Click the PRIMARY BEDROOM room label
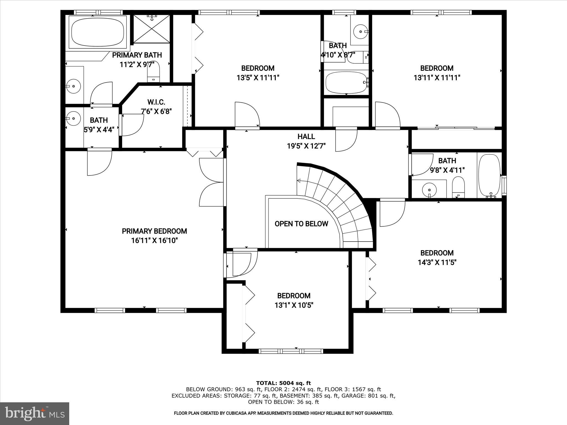click(x=154, y=231)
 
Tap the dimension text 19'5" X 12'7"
click(x=306, y=146)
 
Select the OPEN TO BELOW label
click(x=301, y=224)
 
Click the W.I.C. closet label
click(x=156, y=102)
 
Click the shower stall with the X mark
click(x=151, y=29)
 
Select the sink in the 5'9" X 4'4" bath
click(x=73, y=118)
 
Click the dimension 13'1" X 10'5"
click(x=294, y=305)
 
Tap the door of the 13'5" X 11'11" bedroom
click(x=246, y=115)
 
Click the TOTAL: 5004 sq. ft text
click(x=283, y=383)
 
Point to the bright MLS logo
click(x=35, y=413)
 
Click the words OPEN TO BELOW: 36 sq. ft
click(x=283, y=402)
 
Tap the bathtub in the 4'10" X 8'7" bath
click(x=346, y=82)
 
